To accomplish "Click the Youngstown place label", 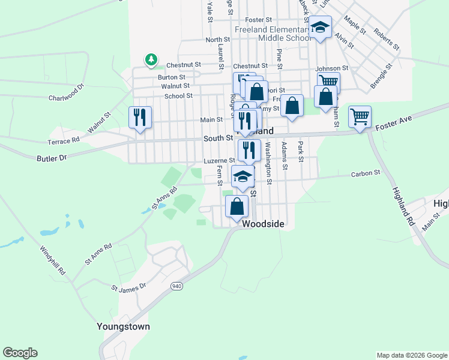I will (x=123, y=327).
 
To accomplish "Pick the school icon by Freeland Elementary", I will (x=320, y=27).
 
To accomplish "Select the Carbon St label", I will (x=366, y=173).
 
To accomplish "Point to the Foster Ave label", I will (x=394, y=123).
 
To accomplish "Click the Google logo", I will (x=20, y=352).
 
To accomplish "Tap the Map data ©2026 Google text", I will (x=411, y=355).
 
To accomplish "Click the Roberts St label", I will (x=386, y=37).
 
